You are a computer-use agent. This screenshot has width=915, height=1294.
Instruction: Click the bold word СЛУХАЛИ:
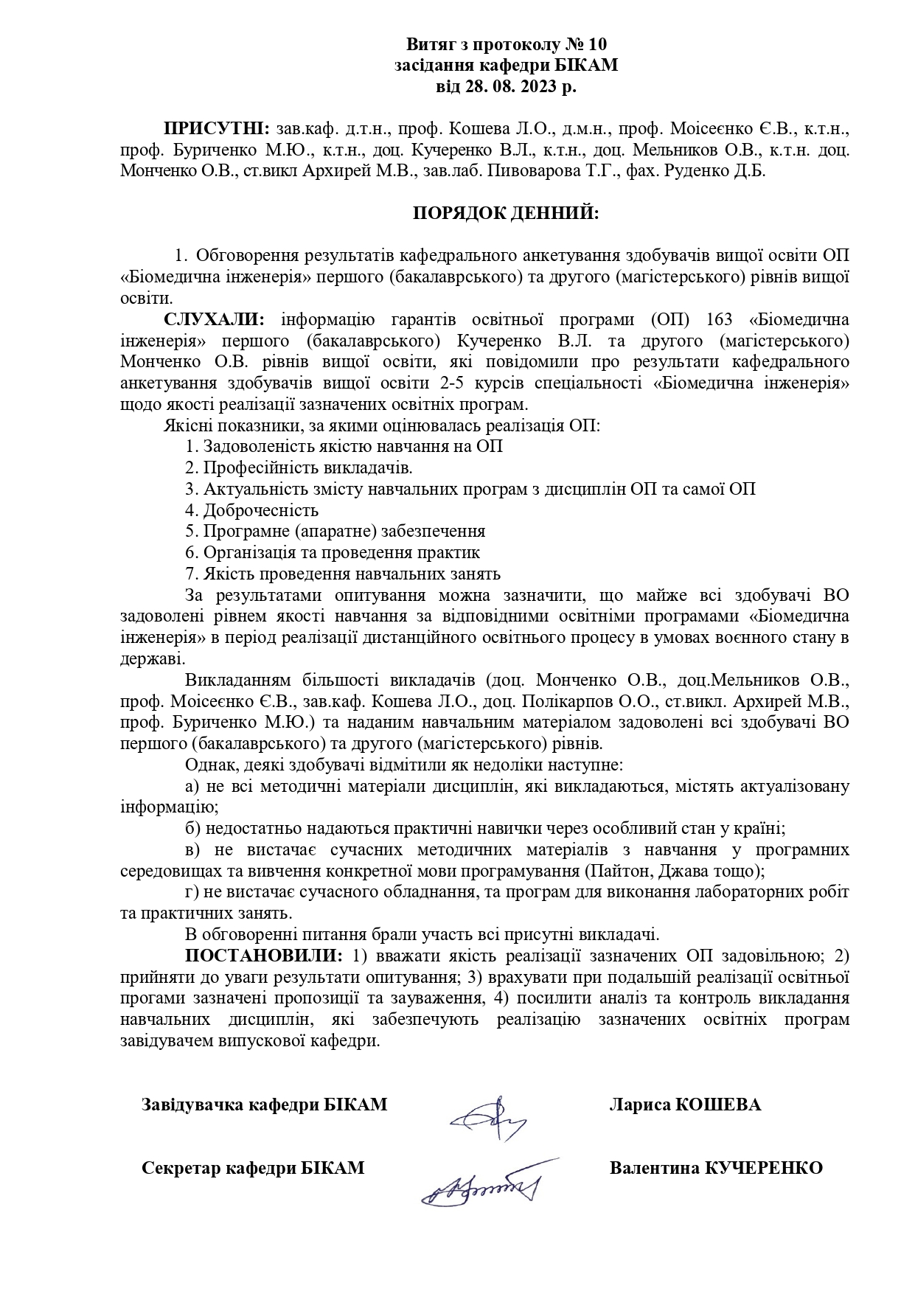point(212,320)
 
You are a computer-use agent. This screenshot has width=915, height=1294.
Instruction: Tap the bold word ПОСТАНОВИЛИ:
point(263,956)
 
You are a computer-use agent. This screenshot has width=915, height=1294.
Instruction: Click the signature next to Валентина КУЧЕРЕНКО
point(481,1188)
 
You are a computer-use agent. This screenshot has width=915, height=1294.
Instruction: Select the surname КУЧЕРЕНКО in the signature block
point(764,1168)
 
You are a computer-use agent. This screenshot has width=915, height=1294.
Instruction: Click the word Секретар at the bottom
point(181,1168)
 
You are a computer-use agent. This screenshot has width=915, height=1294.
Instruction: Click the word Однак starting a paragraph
point(209,764)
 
